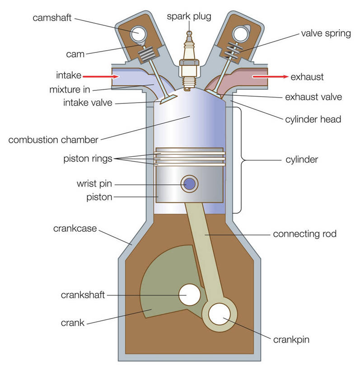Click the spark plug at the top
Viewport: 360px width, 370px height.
tap(189, 59)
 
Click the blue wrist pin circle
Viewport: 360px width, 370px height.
tap(189, 184)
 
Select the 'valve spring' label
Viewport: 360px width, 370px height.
tap(325, 34)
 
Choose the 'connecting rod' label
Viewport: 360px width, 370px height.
tap(304, 234)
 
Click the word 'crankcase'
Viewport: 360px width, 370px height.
tap(75, 229)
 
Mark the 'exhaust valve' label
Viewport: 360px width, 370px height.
tap(313, 97)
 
